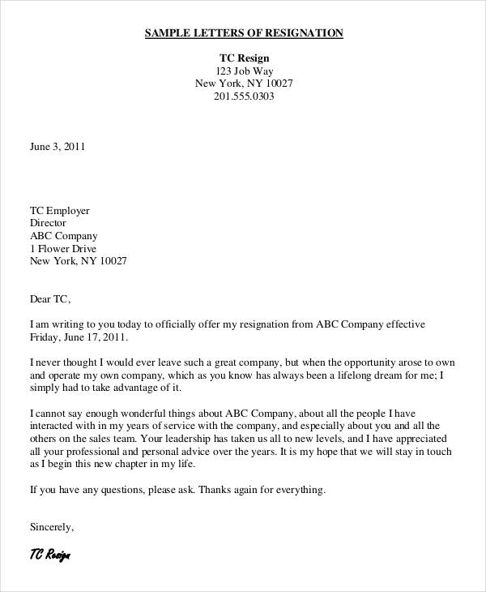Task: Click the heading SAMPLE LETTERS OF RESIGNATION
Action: [x=244, y=33]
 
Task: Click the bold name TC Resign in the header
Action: [x=244, y=58]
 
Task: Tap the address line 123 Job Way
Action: [x=244, y=71]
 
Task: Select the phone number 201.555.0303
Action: [x=244, y=97]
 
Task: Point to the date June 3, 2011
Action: [x=57, y=148]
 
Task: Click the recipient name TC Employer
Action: [x=60, y=210]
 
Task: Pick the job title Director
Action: [x=48, y=223]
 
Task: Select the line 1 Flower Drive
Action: [x=63, y=248]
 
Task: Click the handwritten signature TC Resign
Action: [x=50, y=556]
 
